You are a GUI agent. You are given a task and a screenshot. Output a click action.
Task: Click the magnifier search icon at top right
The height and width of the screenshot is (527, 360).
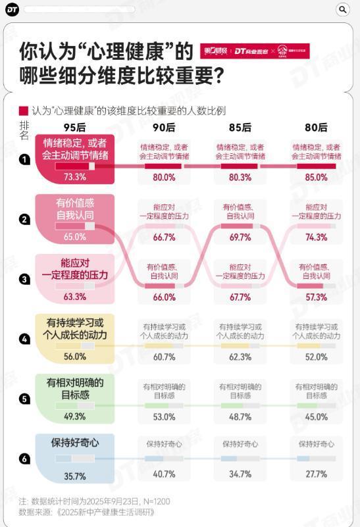343,9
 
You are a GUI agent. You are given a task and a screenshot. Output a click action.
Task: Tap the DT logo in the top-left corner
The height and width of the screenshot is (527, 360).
12,9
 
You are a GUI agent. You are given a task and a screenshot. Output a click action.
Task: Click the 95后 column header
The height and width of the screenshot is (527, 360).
74,128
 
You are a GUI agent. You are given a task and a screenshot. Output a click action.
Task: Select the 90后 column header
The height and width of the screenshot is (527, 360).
164,128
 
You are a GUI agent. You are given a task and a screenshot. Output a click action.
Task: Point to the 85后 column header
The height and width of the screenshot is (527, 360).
240,128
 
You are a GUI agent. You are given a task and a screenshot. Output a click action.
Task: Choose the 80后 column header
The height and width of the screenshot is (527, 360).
316,128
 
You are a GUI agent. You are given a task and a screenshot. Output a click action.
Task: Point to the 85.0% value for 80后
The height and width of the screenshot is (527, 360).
316,177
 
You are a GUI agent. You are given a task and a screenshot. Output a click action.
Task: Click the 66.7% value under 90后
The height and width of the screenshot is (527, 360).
164,238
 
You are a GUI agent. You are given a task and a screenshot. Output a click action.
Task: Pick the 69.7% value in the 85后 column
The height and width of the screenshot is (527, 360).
240,238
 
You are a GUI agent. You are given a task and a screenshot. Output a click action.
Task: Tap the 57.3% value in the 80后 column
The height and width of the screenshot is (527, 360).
316,297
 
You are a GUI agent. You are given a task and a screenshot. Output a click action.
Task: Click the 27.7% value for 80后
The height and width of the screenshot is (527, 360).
316,474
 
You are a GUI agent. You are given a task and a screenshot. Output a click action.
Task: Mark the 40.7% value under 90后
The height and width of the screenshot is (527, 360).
164,474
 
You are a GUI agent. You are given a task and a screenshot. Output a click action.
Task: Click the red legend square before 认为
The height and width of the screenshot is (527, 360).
24,111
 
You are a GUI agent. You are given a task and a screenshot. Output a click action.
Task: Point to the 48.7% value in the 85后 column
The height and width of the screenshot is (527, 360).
240,416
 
